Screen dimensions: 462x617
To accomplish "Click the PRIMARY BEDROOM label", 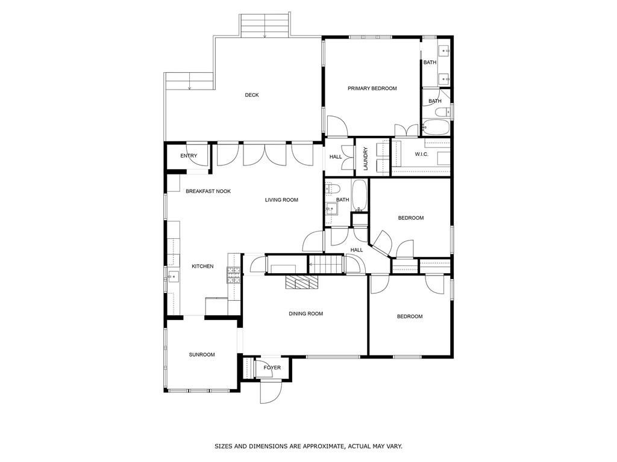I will coord(372,88).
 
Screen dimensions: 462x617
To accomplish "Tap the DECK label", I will coord(251,95).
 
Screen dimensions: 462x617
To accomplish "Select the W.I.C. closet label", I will coord(421,155).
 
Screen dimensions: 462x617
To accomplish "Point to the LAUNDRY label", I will coord(365,158).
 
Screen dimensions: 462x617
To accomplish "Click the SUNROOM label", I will coord(202,355).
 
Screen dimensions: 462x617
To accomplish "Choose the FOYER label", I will coord(272,368).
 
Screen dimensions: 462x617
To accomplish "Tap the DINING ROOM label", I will coord(305,313).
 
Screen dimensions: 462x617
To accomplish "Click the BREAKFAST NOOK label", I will coord(208,191).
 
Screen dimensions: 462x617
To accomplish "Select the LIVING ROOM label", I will coord(281,200).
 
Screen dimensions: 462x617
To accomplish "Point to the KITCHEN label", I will coord(202,266).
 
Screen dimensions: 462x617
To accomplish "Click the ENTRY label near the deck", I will coord(189,156).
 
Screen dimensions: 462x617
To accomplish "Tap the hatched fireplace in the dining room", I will coord(299,283).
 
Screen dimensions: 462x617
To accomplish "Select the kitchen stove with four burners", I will coord(233,276).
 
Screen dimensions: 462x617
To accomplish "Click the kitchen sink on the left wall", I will coord(172,277).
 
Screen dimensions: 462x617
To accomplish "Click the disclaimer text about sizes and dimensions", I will coord(308,446).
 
